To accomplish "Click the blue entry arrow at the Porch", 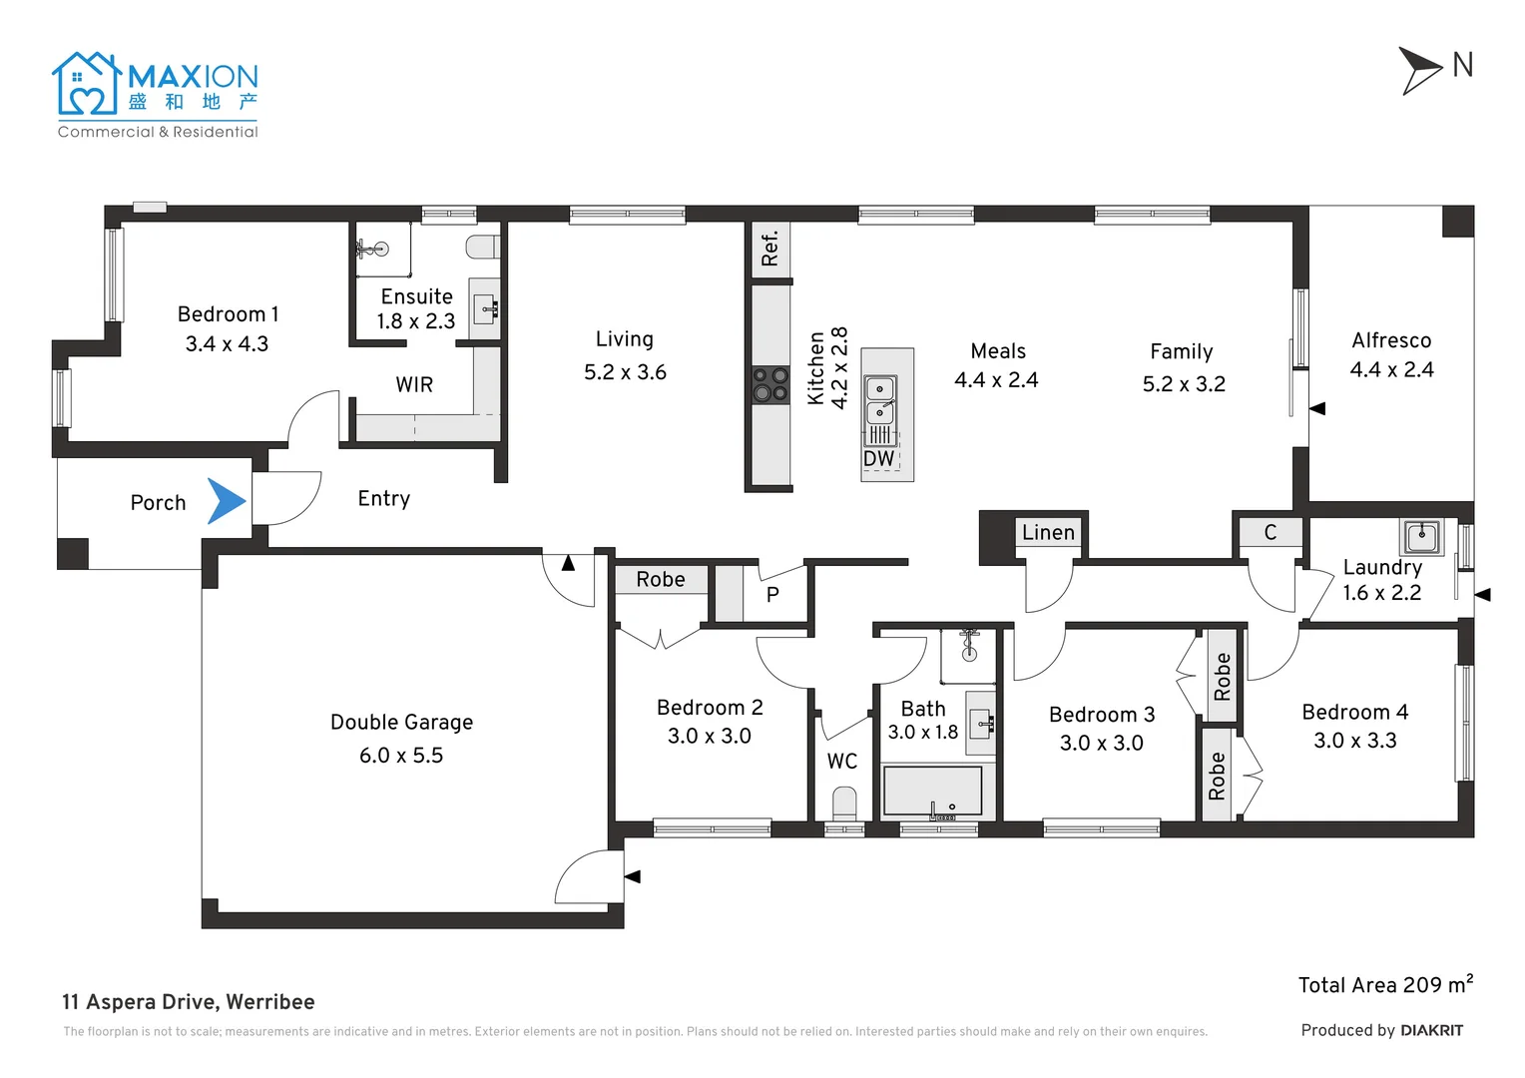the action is (226, 501).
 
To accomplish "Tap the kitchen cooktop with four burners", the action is (770, 384).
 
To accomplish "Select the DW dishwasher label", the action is (878, 458).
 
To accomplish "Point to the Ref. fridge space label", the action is (770, 250).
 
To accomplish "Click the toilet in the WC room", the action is (844, 805).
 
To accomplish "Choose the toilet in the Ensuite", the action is (483, 247).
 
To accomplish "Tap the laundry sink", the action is (1421, 537).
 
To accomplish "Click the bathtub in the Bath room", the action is (932, 792).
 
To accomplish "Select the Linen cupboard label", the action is (1048, 533).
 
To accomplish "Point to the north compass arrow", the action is (1419, 70).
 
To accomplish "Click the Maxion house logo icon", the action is (87, 84).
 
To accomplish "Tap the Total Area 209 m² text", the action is (1385, 985).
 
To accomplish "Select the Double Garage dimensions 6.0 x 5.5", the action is (401, 756).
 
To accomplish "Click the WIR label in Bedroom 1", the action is (414, 384).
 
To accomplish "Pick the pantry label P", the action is (772, 595).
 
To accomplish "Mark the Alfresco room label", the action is (1391, 339).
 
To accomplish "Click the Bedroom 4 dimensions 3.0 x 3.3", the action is (1354, 741).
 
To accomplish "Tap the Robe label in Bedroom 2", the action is (661, 580).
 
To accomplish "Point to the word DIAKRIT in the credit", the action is (1432, 1031).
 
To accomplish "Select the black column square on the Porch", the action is (73, 554).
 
